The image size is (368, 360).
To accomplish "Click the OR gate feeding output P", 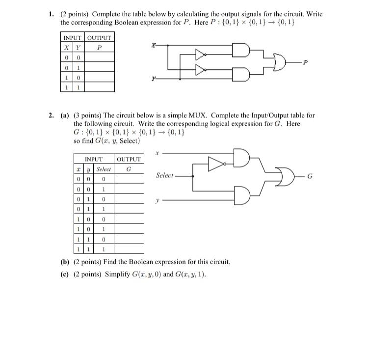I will pyautogui.click(x=280, y=62).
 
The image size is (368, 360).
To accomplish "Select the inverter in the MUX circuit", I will pyautogui.click(x=216, y=164).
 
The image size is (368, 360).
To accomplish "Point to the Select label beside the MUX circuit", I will pyautogui.click(x=165, y=175).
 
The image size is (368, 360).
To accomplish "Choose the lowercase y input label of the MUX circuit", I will pyautogui.click(x=158, y=200).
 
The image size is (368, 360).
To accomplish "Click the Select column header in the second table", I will pyautogui.click(x=104, y=169).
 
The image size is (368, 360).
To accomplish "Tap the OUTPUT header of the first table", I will pyautogui.click(x=100, y=38).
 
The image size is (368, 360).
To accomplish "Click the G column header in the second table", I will pyautogui.click(x=129, y=169).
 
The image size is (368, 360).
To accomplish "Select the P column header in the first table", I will pyautogui.click(x=100, y=48).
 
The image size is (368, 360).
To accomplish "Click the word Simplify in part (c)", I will pyautogui.click(x=116, y=274).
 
